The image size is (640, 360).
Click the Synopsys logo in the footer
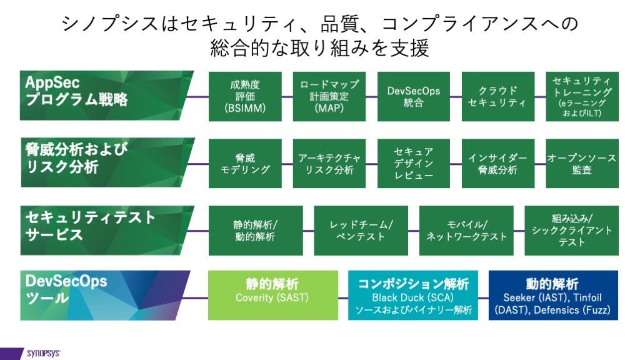[x=42, y=353]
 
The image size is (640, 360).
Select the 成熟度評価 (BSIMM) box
[x=245, y=96]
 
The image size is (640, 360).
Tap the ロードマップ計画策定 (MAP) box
[x=329, y=96]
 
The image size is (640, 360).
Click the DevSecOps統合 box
[x=414, y=96]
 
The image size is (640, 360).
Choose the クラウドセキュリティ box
[x=497, y=96]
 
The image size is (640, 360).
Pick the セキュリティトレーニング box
[x=582, y=96]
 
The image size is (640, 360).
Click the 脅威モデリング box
[x=245, y=164]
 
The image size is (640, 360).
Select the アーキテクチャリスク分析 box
[x=329, y=164]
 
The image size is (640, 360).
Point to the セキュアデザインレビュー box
[x=414, y=164]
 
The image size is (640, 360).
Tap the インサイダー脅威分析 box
[x=497, y=164]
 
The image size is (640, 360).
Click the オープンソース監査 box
[x=582, y=164]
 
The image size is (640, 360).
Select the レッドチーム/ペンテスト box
[x=361, y=231]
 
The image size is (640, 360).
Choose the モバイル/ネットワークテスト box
[x=466, y=231]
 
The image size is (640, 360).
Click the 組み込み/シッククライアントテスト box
[x=571, y=231]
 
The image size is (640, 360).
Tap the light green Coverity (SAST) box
[x=272, y=295]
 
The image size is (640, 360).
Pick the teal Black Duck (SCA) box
[x=413, y=295]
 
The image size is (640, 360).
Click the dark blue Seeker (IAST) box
[x=552, y=295]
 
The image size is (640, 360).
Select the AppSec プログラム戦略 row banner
[x=100, y=96]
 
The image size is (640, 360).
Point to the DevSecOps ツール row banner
[x=100, y=295]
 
